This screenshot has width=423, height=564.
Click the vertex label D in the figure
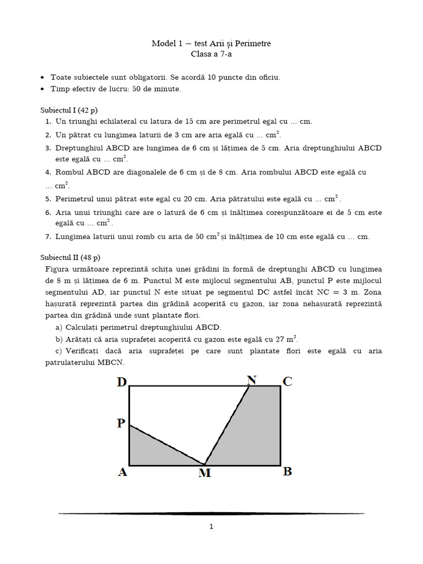pos(122,382)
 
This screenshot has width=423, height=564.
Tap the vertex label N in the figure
pos(252,379)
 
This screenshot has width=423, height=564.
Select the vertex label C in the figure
pos(288,381)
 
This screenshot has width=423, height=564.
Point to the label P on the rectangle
pos(121,423)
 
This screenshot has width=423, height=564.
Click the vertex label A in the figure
pos(122,472)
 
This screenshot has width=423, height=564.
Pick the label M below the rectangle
pos(204,473)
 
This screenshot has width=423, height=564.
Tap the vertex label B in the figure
pos(288,471)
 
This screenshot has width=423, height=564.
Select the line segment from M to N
pos(227,425)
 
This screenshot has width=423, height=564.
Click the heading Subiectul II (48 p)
pos(70,257)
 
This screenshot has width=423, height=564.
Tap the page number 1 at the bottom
pos(211,527)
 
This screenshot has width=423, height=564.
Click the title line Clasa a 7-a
pos(211,54)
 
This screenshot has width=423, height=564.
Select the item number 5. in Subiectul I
pos(48,199)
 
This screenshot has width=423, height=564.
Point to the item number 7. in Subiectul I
pos(48,237)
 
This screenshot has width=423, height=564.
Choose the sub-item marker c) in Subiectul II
pos(59,351)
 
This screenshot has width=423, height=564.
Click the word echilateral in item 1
pos(116,122)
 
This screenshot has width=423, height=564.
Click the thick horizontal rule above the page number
pos(211,513)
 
